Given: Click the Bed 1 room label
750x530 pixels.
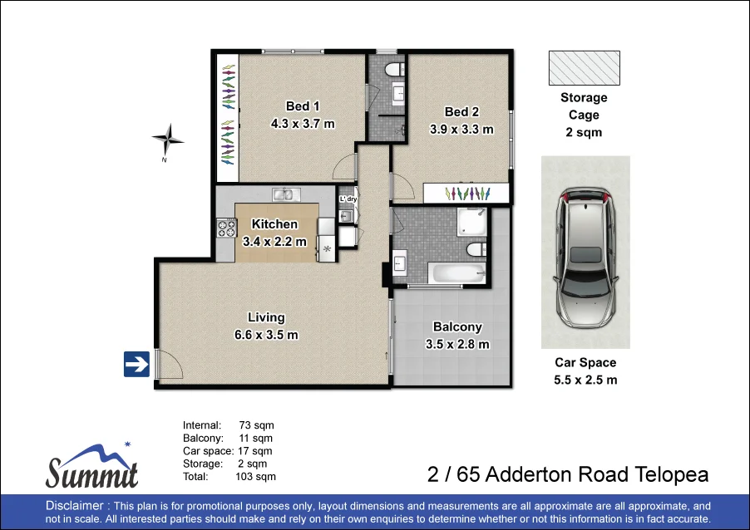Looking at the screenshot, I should pos(303,106).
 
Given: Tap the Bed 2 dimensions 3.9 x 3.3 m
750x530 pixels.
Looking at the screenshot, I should pos(461,130).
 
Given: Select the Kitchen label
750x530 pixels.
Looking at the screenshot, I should pos(274,224).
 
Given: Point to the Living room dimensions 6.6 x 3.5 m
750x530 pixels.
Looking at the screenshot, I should pos(266,335).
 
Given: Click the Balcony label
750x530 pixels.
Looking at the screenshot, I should pos(457,327).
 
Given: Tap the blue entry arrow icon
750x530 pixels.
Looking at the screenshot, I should pos(136,364).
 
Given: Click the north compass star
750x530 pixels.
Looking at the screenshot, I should pos(168,137).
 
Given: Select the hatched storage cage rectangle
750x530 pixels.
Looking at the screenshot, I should pos(584,67).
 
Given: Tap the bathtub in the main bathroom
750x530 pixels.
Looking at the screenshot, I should pos(456,274).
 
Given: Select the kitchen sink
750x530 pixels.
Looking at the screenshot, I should pos(286,194).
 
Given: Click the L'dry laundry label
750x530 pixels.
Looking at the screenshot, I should pos(348,199).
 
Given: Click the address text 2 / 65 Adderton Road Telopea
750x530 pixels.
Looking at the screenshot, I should pos(567,475).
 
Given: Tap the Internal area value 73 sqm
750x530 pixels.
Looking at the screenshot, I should pos(255,425).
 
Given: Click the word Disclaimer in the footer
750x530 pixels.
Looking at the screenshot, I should pos(76,506).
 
